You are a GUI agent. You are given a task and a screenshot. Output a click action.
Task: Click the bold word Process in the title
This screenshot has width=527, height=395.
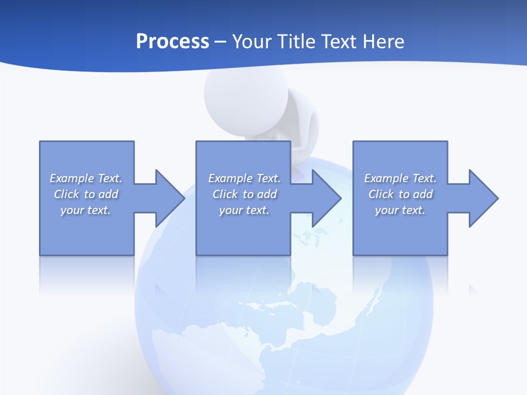tap(172, 42)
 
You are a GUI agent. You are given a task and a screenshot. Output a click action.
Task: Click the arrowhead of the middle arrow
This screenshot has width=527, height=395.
tap(327, 198)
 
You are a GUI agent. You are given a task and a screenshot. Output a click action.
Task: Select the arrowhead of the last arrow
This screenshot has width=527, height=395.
tap(483, 198)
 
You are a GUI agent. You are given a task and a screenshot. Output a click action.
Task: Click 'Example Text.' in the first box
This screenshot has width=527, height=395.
tap(86, 178)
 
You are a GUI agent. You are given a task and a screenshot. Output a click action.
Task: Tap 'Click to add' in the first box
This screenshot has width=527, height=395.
tap(86, 194)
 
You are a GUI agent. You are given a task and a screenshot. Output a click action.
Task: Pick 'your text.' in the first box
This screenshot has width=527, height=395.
tap(86, 210)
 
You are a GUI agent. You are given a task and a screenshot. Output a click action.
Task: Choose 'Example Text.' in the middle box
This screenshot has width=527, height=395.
tap(244, 178)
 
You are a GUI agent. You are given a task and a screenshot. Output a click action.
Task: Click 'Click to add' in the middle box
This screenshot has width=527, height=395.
tap(244, 194)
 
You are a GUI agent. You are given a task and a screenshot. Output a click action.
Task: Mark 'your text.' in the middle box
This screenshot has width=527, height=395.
tap(244, 210)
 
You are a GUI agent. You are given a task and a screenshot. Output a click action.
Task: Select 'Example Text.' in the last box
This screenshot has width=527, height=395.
tap(400, 178)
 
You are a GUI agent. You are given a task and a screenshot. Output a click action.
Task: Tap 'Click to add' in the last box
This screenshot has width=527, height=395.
tap(400, 194)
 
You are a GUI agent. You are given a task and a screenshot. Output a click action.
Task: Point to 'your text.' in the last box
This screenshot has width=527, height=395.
tap(400, 210)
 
